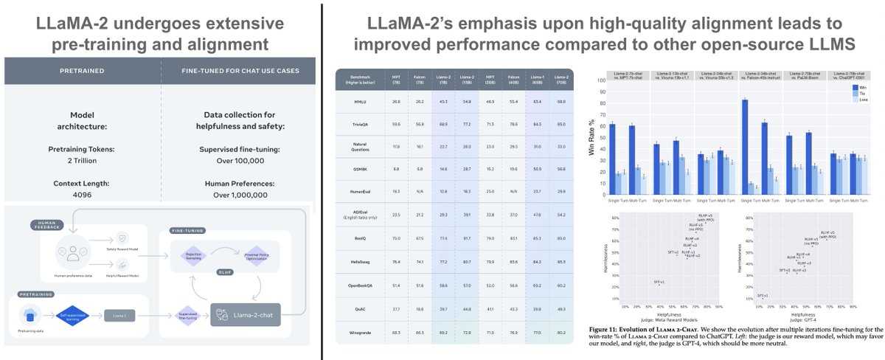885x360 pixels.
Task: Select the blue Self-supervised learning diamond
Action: pos(74,314)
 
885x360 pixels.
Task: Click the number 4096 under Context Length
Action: pos(82,195)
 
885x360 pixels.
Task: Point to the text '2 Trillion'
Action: pos(82,159)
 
